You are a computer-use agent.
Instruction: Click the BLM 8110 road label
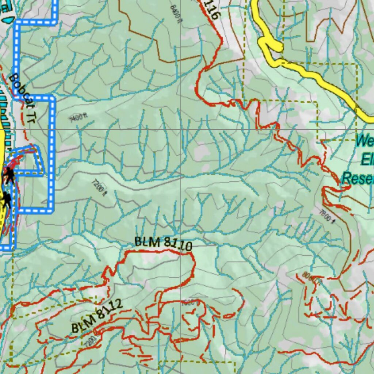point(163,244)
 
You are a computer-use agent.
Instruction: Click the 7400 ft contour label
point(77,117)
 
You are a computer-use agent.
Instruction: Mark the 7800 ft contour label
point(327,216)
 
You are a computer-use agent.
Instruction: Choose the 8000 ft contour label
point(312,278)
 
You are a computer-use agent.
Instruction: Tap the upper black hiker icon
point(9,175)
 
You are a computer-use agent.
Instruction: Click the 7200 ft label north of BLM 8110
point(99,187)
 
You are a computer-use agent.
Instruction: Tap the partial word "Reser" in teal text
point(358,179)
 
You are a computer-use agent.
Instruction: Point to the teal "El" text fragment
point(367,160)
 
